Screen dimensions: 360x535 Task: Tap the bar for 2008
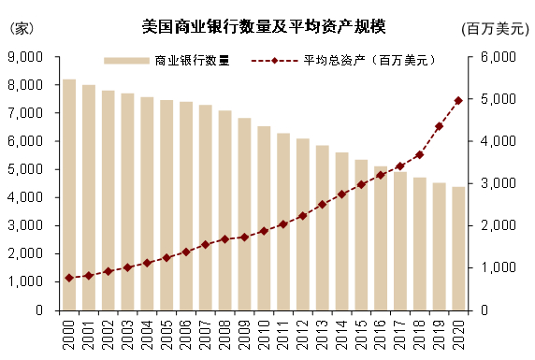(x=225, y=210)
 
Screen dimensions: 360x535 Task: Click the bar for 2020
(x=458, y=249)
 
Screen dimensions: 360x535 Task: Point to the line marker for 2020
(x=458, y=100)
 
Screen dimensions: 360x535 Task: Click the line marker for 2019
(x=440, y=126)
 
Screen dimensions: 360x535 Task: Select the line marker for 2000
(x=69, y=278)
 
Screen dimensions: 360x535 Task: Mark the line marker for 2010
(x=264, y=230)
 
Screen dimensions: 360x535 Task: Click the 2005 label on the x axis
(x=166, y=334)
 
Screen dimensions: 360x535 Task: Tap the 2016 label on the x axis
(x=381, y=334)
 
